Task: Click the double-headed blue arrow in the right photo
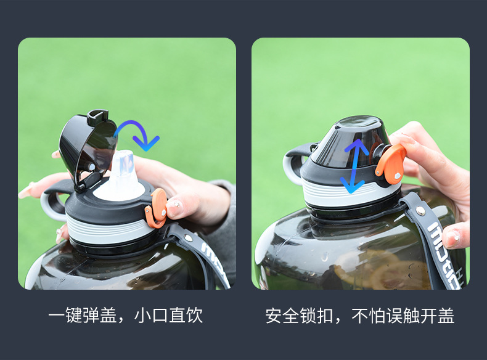click(x=354, y=166)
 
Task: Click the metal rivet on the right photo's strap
click(x=421, y=211)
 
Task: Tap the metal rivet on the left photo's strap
click(x=187, y=238)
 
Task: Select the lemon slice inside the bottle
click(x=395, y=273)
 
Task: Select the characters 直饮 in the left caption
click(x=186, y=316)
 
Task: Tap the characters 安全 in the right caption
click(x=282, y=316)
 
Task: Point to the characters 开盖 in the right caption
click(x=438, y=316)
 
